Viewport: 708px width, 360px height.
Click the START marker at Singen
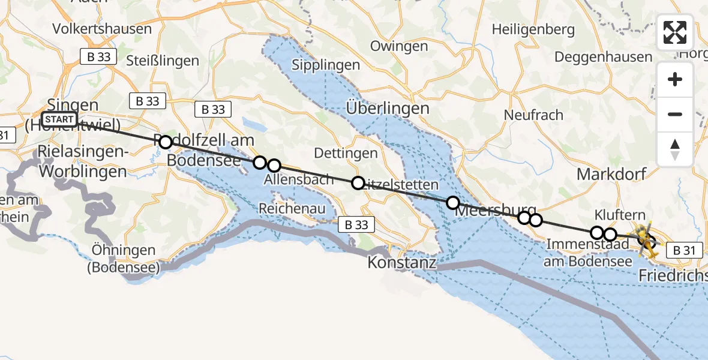(x=59, y=119)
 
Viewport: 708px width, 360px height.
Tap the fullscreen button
(x=675, y=32)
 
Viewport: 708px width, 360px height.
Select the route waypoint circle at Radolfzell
(x=166, y=142)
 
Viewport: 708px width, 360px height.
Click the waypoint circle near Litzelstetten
(x=358, y=182)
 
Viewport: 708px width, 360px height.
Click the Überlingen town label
(x=388, y=109)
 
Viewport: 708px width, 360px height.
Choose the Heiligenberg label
(x=533, y=29)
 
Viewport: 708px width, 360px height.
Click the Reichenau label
(x=292, y=208)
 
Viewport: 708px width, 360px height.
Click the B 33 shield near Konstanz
(x=356, y=225)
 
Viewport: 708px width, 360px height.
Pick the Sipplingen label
(x=326, y=65)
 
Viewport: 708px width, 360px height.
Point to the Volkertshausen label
(x=102, y=29)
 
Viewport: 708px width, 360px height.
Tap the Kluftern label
(x=620, y=214)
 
